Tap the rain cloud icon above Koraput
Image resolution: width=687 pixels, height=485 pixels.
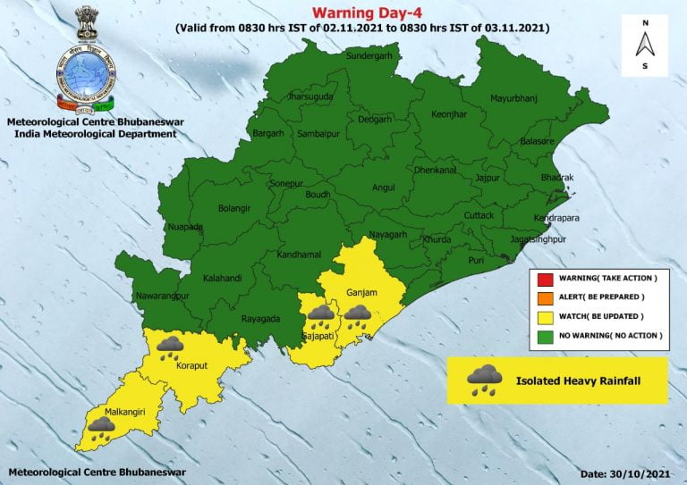[170, 347]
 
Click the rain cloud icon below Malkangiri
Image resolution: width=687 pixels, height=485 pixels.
[99, 432]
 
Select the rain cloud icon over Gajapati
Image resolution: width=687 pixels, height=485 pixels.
[320, 317]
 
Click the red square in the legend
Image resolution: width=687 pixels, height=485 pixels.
[544, 279]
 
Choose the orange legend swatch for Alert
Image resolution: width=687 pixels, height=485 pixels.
[544, 297]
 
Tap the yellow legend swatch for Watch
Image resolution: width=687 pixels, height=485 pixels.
[544, 316]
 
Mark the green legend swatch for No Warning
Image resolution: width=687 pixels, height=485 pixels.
[544, 335]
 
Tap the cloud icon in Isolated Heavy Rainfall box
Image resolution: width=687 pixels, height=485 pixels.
[484, 379]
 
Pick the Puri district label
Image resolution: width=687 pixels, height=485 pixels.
[477, 261]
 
